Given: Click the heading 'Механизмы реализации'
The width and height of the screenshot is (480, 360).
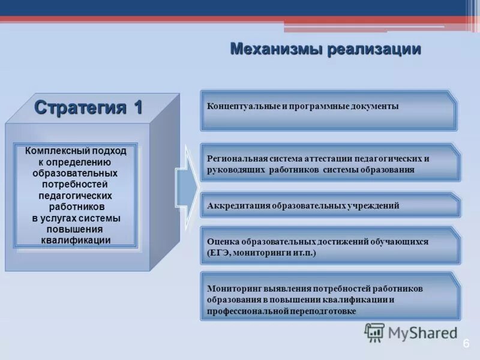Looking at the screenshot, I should tap(325, 49).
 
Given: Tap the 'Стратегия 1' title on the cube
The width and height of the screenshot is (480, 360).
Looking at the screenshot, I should tap(88, 107).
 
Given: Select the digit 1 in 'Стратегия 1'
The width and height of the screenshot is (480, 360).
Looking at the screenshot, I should tap(137, 107).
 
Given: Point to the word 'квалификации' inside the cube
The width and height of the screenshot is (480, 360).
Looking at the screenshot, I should tap(76, 240).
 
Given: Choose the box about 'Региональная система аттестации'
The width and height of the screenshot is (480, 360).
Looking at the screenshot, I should tap(329, 163).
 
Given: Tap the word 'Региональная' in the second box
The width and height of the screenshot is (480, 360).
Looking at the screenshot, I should tap(234, 159).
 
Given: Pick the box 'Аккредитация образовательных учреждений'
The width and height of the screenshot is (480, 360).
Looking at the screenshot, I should tap(329, 205).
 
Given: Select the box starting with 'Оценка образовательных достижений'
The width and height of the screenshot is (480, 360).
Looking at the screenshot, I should tap(329, 246).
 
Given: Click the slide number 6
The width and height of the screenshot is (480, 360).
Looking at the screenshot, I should tap(466, 344).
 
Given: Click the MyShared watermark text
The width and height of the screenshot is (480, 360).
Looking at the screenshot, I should tap(422, 332).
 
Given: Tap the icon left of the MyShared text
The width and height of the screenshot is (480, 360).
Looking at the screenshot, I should tap(374, 332).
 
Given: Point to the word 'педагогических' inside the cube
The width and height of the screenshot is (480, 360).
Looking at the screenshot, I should tap(76, 196).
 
